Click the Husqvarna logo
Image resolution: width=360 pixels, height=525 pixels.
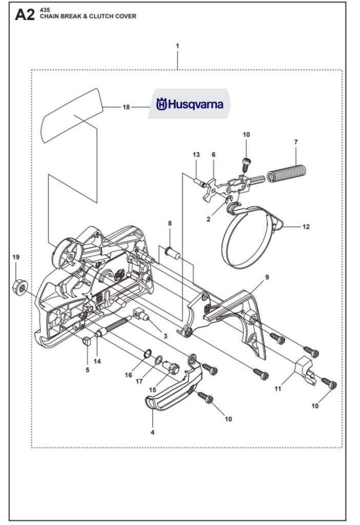click(190, 105)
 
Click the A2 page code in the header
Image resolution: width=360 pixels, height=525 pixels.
click(25, 15)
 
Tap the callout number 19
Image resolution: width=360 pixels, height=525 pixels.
click(15, 257)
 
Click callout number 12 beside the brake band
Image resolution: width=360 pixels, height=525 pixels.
click(306, 226)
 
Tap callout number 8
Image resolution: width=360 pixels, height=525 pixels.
click(170, 223)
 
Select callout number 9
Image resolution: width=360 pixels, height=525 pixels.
click(267, 277)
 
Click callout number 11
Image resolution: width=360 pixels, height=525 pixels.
click(277, 389)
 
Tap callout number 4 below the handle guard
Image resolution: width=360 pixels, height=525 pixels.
click(152, 432)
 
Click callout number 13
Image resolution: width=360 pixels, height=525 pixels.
click(196, 154)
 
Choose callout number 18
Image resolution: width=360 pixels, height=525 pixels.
click(126, 107)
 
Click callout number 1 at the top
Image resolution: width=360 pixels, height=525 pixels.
click(177, 46)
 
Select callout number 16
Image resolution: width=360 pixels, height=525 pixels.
click(128, 375)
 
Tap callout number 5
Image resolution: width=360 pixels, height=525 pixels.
click(87, 369)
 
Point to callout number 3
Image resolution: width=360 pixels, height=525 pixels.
click(165, 336)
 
